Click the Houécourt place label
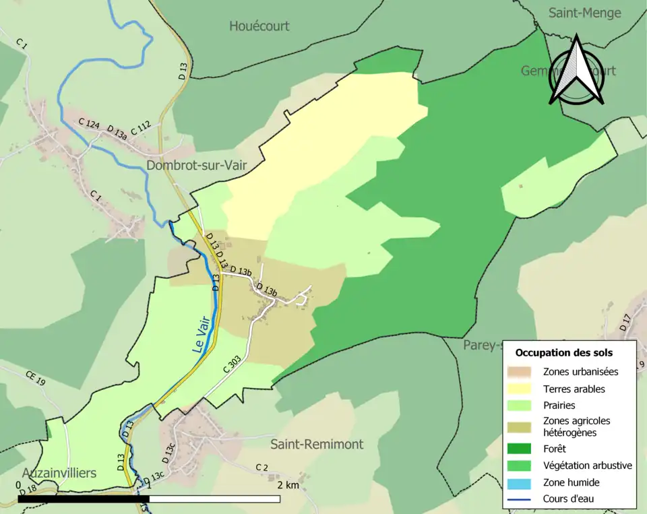259,26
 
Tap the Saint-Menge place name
585,13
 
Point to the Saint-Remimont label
317,444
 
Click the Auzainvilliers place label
59,472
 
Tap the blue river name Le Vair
202,336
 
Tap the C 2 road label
261,468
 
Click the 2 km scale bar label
288,485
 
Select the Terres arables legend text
574,389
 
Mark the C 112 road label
140,128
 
